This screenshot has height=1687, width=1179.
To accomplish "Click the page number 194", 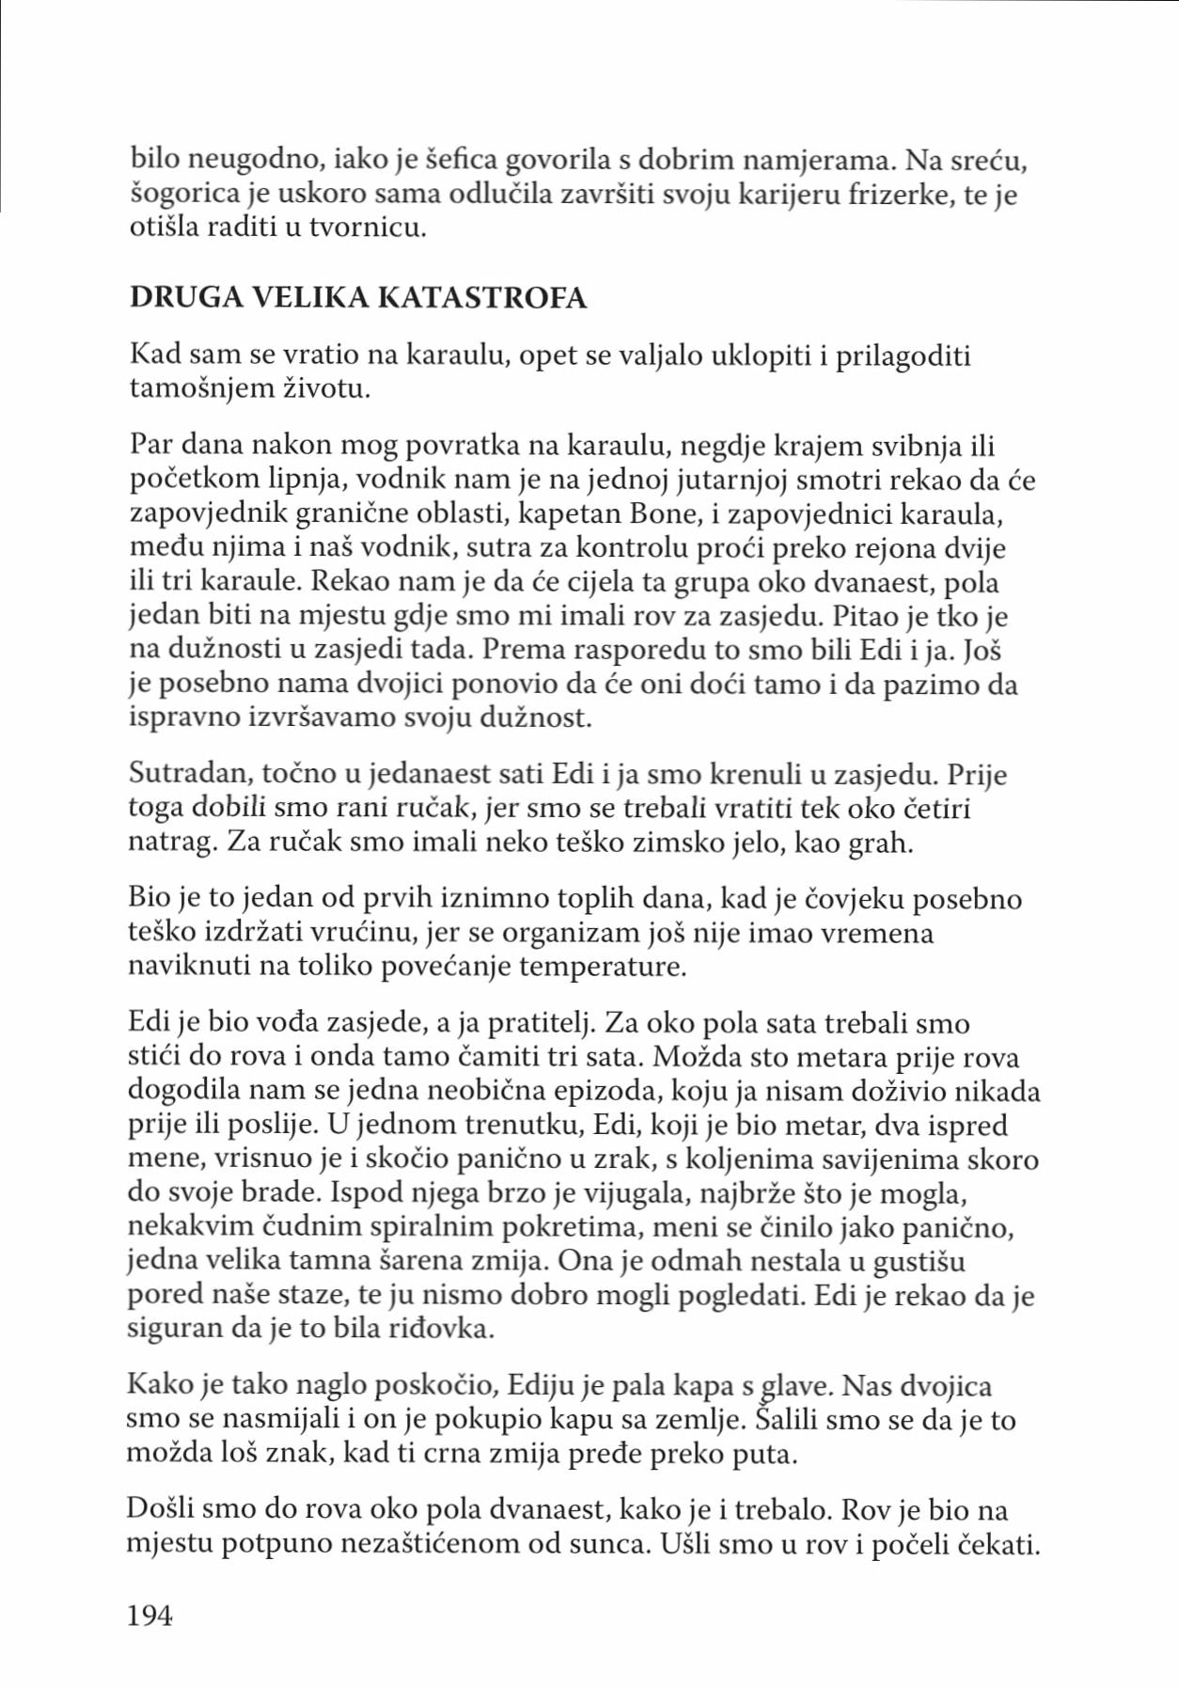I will click(149, 1615).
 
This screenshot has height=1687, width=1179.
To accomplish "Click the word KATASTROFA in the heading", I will click(482, 298).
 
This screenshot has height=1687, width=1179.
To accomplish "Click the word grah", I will click(880, 843).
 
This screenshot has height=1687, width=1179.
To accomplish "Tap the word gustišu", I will click(919, 1261).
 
